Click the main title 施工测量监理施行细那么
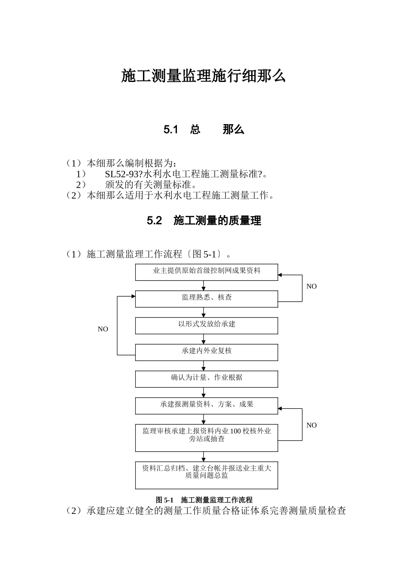point(204,76)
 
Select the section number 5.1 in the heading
point(171,130)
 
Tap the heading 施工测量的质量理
point(217,221)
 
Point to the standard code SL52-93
point(122,174)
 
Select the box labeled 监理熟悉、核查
point(207,298)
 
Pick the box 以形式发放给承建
point(207,325)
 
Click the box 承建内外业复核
point(207,352)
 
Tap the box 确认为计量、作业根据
point(207,379)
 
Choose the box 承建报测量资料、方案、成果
point(207,405)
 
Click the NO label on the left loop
point(103,329)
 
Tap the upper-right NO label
point(311,286)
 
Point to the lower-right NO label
point(311,425)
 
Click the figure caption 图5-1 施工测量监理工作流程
point(204,500)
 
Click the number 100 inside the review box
point(236,431)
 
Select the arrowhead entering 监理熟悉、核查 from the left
point(133,296)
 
